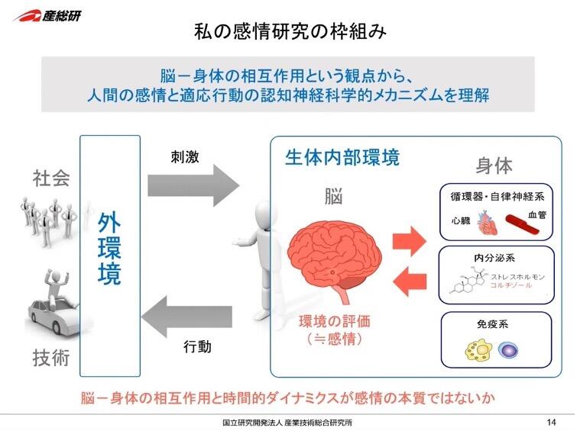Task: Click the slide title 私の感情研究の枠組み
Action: [x=288, y=32]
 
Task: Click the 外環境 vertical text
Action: [x=110, y=249]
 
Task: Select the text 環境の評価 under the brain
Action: [x=331, y=321]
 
